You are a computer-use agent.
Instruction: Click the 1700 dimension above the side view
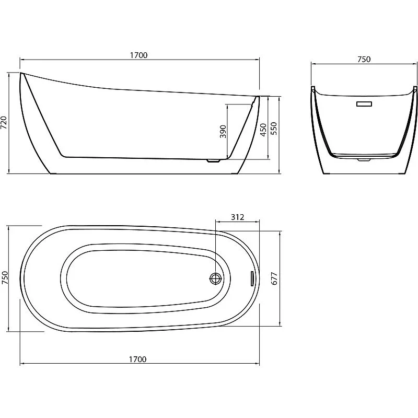(x=138, y=55)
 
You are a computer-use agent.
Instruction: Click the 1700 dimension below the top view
(x=137, y=359)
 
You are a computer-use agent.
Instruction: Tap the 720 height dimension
(x=4, y=123)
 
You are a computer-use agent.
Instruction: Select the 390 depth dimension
(x=223, y=132)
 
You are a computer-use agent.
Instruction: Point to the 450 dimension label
(x=263, y=130)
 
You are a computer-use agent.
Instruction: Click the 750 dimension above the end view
(x=364, y=59)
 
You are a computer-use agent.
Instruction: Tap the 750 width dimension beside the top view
(x=5, y=277)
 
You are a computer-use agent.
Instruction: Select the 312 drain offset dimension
(x=237, y=217)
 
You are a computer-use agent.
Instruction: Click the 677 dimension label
(x=274, y=278)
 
